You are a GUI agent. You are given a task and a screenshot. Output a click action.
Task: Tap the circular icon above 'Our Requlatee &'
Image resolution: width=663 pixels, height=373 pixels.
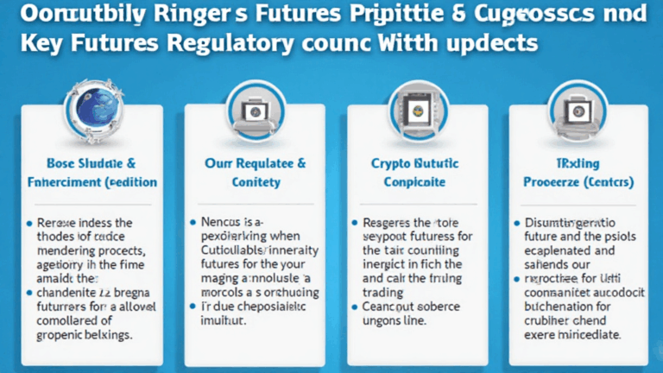(x=256, y=112)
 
